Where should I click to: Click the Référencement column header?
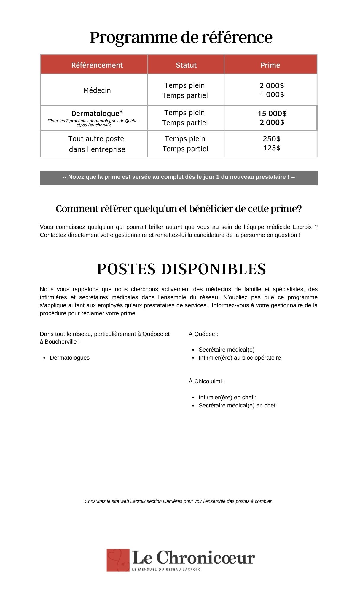(97, 65)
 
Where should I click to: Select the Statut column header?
(186, 65)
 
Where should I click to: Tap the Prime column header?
(270, 65)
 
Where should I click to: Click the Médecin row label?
(97, 90)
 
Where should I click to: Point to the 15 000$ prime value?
(272, 114)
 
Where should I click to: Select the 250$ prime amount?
(272, 139)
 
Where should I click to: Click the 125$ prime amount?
(272, 148)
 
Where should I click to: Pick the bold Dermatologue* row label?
(97, 114)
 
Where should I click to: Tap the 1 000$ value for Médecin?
(272, 95)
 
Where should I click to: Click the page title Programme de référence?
(181, 38)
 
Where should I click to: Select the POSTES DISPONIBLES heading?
(181, 269)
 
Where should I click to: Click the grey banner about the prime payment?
(179, 178)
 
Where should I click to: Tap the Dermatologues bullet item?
(70, 358)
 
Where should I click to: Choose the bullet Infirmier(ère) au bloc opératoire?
(240, 358)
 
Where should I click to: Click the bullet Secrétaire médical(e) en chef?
(237, 405)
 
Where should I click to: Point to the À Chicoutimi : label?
(207, 381)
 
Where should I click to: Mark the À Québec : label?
(203, 334)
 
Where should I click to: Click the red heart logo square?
(118, 560)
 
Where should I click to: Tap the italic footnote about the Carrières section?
(179, 501)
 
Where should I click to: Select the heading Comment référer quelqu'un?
(179, 209)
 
